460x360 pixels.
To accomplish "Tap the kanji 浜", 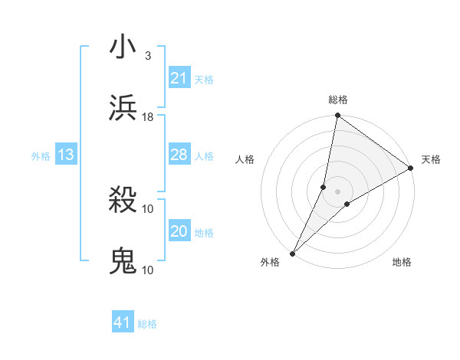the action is (x=123, y=107).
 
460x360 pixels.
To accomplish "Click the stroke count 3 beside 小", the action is (x=147, y=56).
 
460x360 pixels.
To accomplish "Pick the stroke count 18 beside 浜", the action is (x=148, y=116).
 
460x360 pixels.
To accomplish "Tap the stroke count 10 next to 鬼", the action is (x=148, y=270).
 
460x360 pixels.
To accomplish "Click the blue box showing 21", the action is (x=179, y=77).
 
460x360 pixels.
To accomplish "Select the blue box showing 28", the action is (x=179, y=155).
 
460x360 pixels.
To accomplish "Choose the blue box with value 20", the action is (x=179, y=231).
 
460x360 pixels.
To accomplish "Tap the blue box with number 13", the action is (x=65, y=155).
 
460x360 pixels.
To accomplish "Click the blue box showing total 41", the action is (x=123, y=322).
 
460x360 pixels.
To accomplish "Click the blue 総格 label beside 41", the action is (x=147, y=324).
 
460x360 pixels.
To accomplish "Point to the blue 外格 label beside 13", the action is (x=41, y=156).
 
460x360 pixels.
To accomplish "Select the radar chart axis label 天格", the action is (x=431, y=159).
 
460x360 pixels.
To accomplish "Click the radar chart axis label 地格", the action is (x=402, y=263).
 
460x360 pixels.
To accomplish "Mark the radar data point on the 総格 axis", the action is (x=337, y=116).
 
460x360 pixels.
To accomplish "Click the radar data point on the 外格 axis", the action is (x=292, y=253).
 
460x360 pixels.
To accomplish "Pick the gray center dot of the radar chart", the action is (x=337, y=191).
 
